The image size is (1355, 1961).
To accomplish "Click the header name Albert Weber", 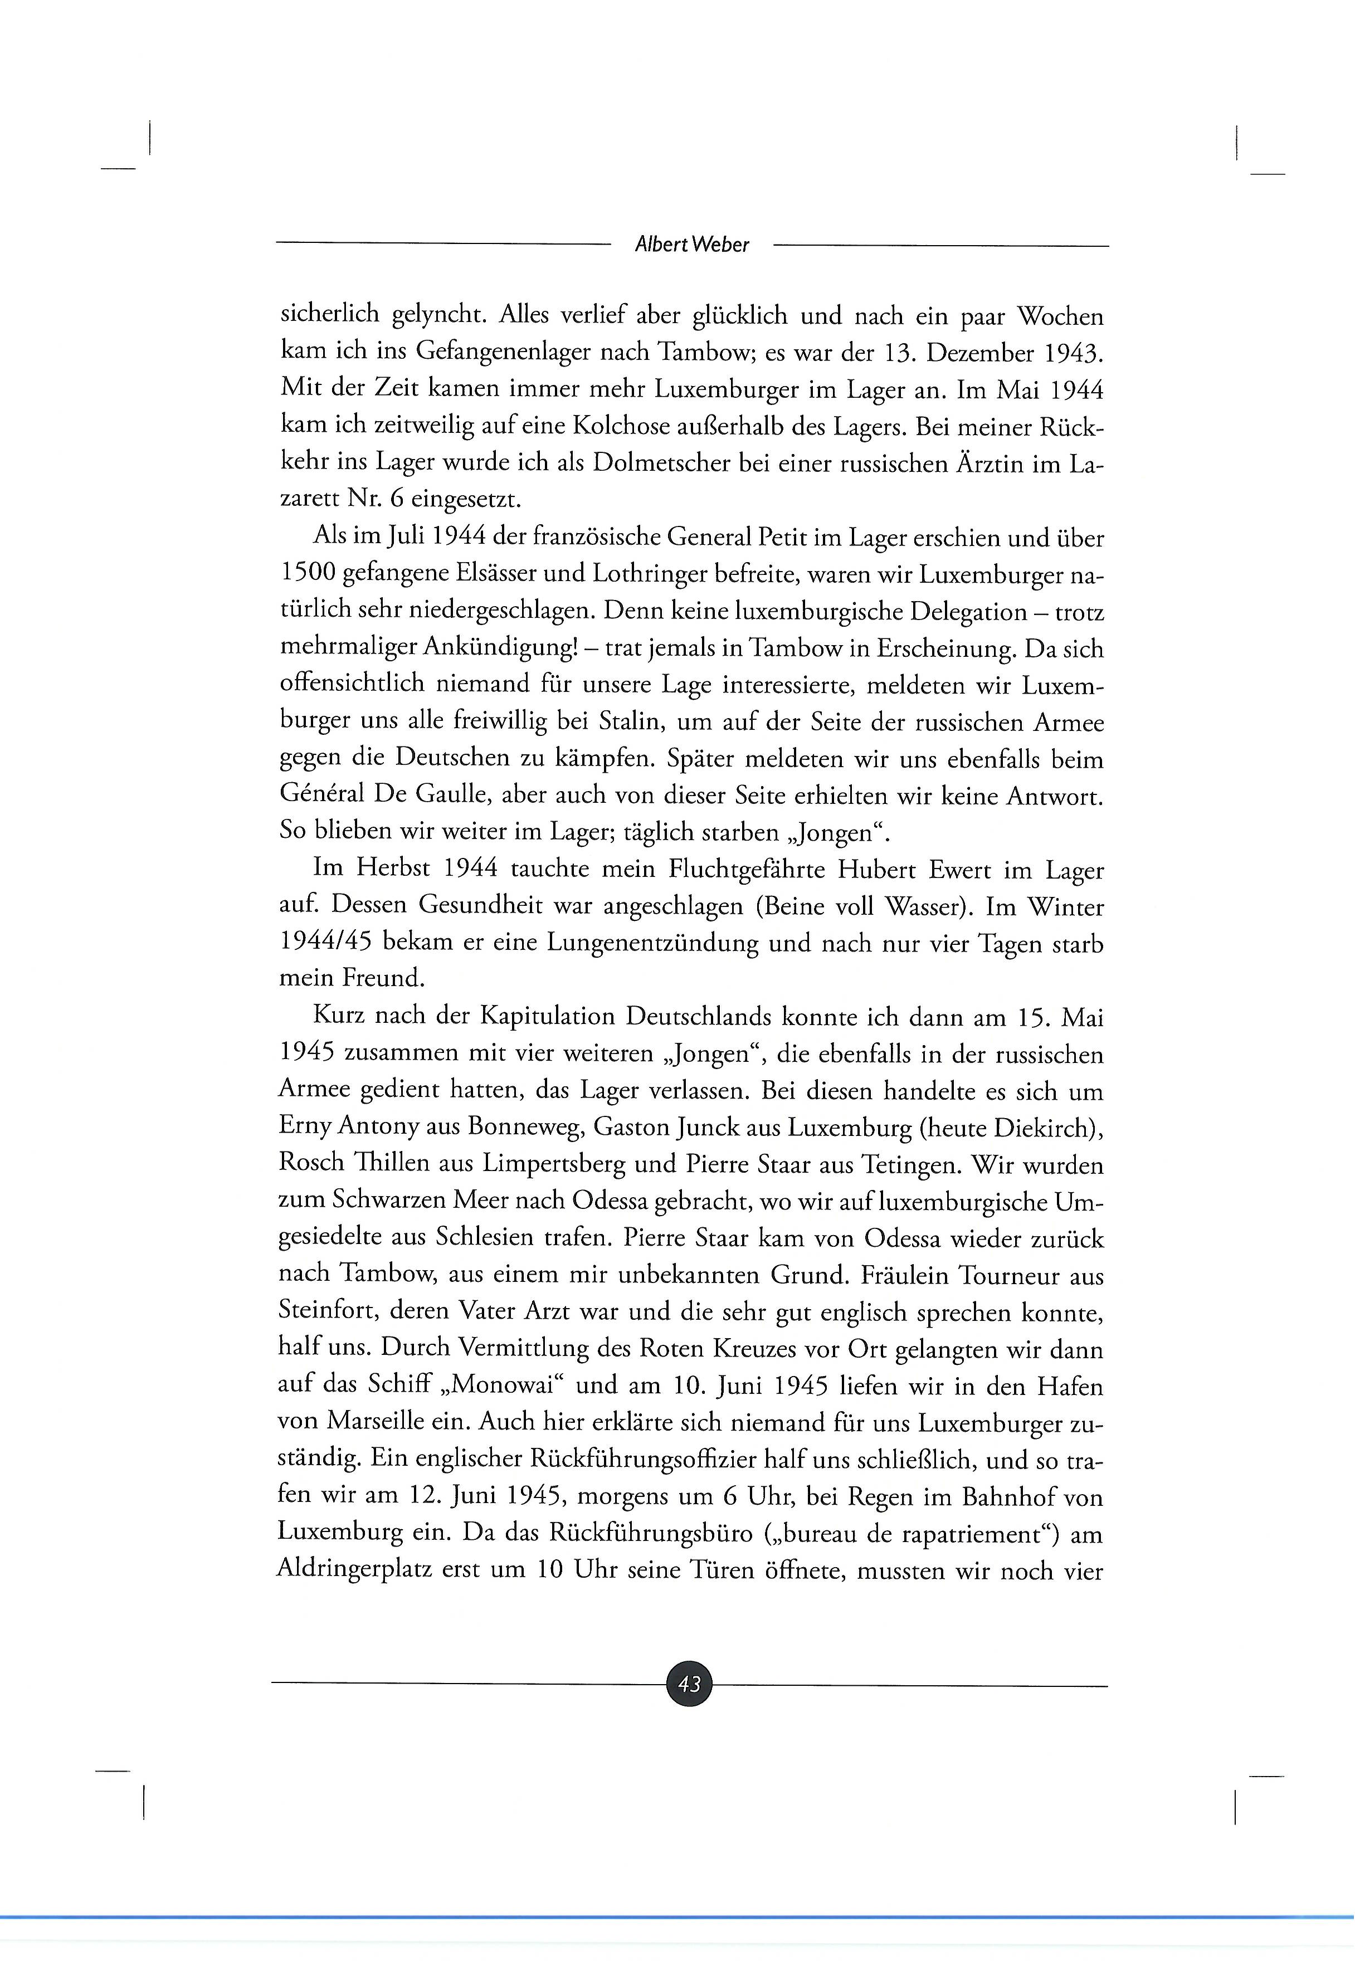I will pyautogui.click(x=692, y=245).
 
